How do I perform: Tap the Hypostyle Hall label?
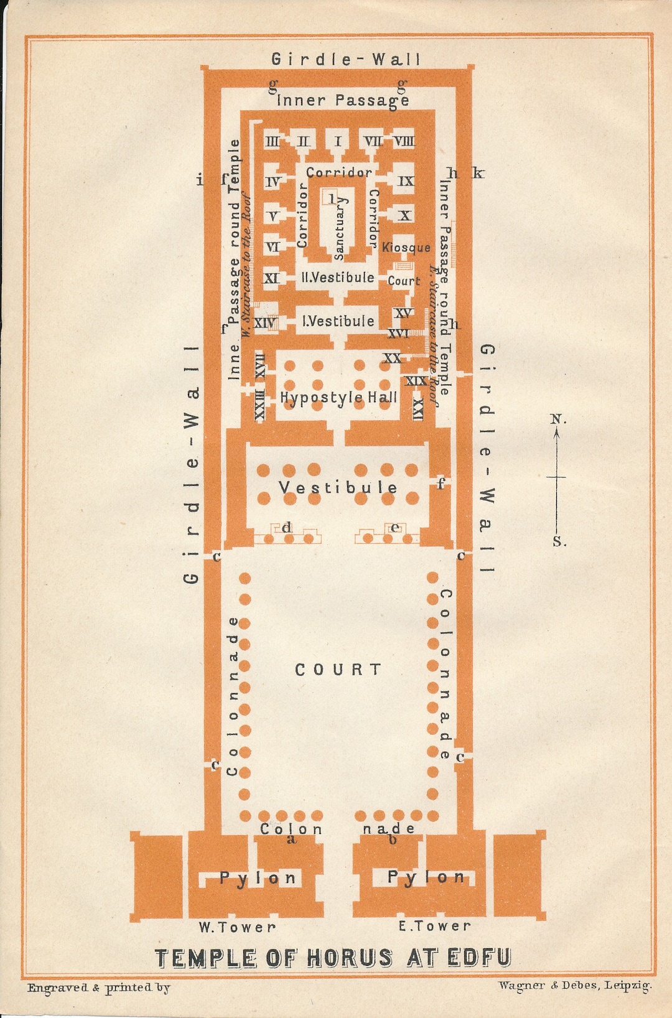pos(338,397)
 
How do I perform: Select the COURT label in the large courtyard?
pos(338,670)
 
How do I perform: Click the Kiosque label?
pos(406,248)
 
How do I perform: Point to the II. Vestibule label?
pos(338,278)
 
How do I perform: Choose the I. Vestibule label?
pos(338,321)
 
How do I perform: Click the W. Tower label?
pos(237,927)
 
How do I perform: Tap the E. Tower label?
pos(434,927)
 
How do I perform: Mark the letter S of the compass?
pos(559,542)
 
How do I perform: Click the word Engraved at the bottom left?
pos(57,988)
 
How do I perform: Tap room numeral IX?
pos(406,181)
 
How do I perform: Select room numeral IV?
pos(273,182)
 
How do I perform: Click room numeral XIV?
pos(266,323)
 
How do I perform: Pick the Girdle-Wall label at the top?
pos(346,60)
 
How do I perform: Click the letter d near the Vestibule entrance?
pos(287,528)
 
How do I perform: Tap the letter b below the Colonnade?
pos(393,840)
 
